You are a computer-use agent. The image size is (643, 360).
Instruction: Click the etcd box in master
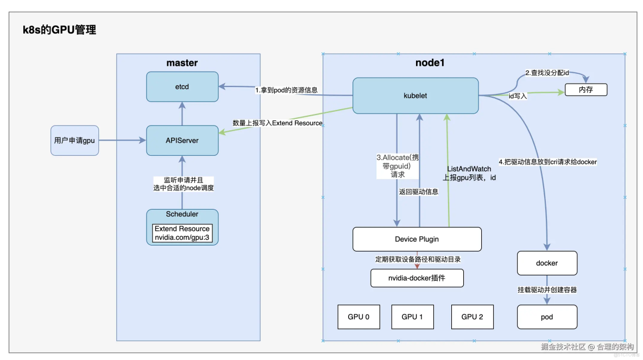tap(182, 86)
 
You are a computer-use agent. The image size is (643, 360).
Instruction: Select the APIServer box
tap(182, 140)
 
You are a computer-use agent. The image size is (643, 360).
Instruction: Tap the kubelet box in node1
tap(416, 96)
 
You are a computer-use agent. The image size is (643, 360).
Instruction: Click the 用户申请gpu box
tap(74, 140)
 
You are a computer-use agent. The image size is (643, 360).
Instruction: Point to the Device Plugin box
tap(417, 239)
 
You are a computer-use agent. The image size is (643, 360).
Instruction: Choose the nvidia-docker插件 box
tap(417, 278)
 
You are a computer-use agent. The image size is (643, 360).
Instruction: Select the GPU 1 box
tap(412, 317)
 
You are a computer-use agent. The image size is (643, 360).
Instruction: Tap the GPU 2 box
tap(472, 317)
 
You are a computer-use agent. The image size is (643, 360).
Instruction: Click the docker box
tap(546, 263)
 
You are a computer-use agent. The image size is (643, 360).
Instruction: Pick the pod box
tap(546, 317)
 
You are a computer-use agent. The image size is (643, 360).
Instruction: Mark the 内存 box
tap(585, 90)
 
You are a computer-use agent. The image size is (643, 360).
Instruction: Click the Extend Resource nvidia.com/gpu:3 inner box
tap(182, 233)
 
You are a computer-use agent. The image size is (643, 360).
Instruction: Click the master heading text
tap(182, 63)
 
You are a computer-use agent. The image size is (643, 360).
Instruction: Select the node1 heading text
tap(430, 63)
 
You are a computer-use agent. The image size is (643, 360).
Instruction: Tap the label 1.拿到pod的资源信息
tap(286, 90)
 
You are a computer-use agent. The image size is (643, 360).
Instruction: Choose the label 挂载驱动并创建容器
tap(546, 290)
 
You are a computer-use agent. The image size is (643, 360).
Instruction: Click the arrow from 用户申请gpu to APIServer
tap(122, 140)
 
